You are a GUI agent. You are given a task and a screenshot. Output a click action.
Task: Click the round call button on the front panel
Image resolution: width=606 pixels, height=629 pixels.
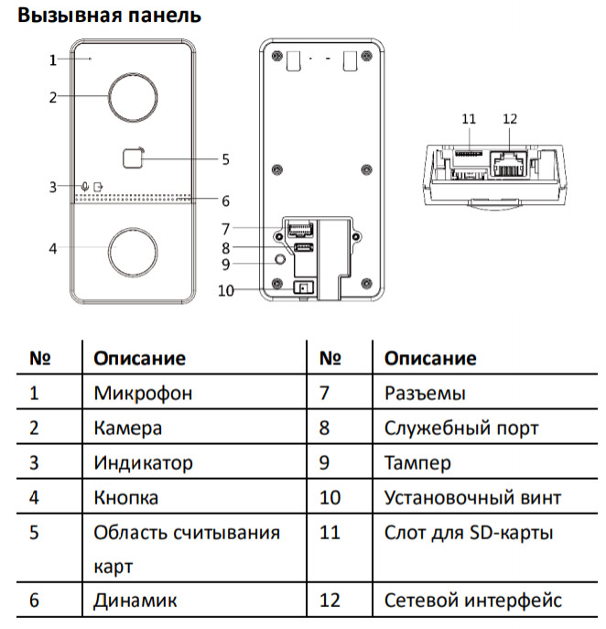click(x=134, y=248)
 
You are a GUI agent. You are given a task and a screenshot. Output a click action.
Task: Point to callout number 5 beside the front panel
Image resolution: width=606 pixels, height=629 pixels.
click(x=225, y=158)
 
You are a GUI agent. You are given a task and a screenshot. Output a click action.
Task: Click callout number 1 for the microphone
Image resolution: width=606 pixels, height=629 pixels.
click(x=53, y=60)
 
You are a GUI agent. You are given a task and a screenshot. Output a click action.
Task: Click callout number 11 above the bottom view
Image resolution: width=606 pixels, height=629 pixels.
click(x=469, y=119)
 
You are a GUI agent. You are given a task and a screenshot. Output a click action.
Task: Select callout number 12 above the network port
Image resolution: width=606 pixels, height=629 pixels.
click(x=510, y=119)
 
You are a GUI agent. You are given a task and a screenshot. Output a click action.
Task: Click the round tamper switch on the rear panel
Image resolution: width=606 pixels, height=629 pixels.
click(x=279, y=260)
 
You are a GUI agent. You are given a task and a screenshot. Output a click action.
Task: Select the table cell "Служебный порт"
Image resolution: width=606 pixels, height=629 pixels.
click(x=461, y=428)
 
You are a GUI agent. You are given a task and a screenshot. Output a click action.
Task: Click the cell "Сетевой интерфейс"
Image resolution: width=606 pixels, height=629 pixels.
click(x=472, y=601)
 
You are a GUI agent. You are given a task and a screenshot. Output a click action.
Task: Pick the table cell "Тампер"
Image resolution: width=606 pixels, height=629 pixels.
click(x=417, y=462)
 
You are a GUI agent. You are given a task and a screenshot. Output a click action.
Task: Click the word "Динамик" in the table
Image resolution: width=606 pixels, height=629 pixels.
click(x=135, y=601)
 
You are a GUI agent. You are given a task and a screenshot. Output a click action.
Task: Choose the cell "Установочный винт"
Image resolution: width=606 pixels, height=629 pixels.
click(x=472, y=497)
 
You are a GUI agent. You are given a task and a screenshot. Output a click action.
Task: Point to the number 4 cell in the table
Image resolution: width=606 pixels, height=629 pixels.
click(x=35, y=497)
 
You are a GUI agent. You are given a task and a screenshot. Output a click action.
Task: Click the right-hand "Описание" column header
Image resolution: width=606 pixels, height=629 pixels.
click(x=430, y=358)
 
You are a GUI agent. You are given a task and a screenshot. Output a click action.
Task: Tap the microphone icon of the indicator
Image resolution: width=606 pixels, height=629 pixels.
click(x=85, y=187)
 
